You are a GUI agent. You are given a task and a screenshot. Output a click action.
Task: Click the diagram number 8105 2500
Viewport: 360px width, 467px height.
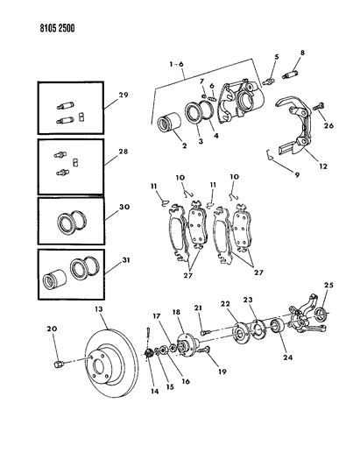click(57, 28)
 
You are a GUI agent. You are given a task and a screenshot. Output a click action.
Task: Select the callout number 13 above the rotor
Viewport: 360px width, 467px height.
click(99, 309)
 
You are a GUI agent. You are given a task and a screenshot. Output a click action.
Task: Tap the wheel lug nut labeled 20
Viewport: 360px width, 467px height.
click(59, 364)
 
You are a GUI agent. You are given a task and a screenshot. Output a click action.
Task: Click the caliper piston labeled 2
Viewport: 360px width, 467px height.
click(169, 123)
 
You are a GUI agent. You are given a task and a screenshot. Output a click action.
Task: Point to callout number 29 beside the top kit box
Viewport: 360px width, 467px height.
click(124, 95)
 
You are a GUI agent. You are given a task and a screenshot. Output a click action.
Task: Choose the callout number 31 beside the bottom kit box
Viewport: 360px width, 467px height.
click(126, 260)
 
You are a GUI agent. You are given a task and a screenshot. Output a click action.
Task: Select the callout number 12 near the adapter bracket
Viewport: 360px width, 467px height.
click(323, 166)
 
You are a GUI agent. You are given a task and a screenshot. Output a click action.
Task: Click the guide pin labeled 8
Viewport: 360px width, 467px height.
click(289, 74)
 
